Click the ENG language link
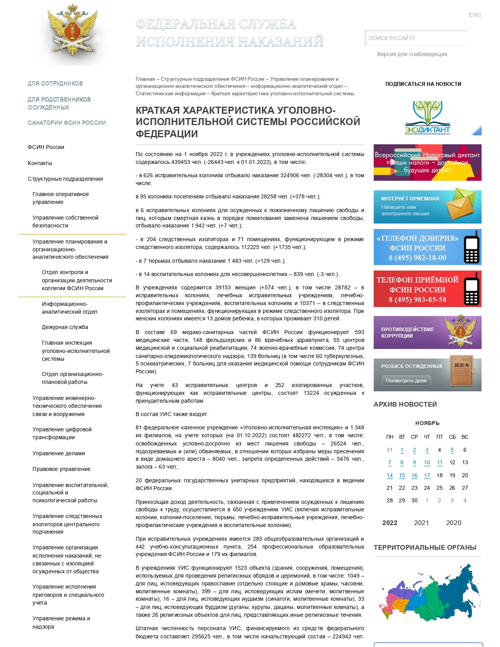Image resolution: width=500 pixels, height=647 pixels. pyautogui.click(x=475, y=15)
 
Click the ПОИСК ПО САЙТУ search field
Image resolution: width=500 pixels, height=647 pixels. pyautogui.click(x=416, y=38)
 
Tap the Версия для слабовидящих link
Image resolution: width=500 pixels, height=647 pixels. pyautogui.click(x=412, y=54)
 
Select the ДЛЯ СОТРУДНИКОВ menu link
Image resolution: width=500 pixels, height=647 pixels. pyautogui.click(x=55, y=84)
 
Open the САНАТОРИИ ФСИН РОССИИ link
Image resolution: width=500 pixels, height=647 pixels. pyautogui.click(x=67, y=123)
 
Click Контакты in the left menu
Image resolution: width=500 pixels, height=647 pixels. pyautogui.click(x=40, y=163)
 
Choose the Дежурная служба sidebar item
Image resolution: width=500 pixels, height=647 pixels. pyautogui.click(x=65, y=327)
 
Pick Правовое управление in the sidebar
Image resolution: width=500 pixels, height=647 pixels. pyautogui.click(x=62, y=469)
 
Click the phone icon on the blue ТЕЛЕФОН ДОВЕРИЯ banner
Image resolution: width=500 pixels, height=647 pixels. pyautogui.click(x=471, y=247)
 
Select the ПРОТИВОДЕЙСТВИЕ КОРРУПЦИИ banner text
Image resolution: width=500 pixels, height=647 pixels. pyautogui.click(x=407, y=333)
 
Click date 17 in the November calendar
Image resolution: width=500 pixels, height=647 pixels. pyautogui.click(x=427, y=475)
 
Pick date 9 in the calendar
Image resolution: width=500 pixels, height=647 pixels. pyautogui.click(x=414, y=463)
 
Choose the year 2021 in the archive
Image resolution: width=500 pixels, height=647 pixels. pyautogui.click(x=421, y=523)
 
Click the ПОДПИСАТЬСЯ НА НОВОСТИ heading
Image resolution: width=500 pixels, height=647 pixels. pyautogui.click(x=423, y=84)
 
